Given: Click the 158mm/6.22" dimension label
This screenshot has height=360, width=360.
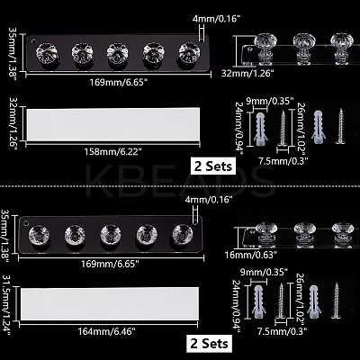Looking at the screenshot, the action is pyautogui.click(x=113, y=152).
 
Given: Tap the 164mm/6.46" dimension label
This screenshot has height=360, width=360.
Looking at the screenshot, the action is pyautogui.click(x=107, y=331).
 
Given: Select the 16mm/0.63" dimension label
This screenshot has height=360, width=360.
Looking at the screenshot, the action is pyautogui.click(x=251, y=255).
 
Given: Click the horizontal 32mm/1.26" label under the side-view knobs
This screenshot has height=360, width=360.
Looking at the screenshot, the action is pyautogui.click(x=247, y=73).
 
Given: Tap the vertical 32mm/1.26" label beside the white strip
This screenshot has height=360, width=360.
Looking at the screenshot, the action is pyautogui.click(x=14, y=123).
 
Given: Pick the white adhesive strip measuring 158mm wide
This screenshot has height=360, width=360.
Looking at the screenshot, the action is pyautogui.click(x=113, y=124).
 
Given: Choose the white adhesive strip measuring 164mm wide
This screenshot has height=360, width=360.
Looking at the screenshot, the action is pyautogui.click(x=110, y=303).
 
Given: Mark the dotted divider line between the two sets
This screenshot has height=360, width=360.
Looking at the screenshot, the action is pyautogui.click(x=180, y=186).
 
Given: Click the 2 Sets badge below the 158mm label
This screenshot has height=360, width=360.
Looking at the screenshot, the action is pyautogui.click(x=213, y=166).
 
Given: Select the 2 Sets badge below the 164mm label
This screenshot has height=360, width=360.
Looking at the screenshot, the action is pyautogui.click(x=209, y=344).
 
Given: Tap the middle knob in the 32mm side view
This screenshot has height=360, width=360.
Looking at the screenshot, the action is pyautogui.click(x=304, y=49).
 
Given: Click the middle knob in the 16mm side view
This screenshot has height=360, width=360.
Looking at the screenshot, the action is pyautogui.click(x=305, y=235).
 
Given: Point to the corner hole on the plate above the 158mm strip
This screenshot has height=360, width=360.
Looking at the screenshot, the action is pyautogui.click(x=33, y=40).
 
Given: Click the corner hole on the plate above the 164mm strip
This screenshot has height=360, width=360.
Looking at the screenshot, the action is pyautogui.click(x=26, y=223).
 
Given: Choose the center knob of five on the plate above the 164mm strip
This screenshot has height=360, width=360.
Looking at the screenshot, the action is pyautogui.click(x=111, y=235).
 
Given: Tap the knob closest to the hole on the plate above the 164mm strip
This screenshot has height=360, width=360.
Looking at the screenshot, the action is pyautogui.click(x=39, y=235).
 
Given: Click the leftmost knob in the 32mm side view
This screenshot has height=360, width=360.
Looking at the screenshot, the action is pyautogui.click(x=265, y=49).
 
